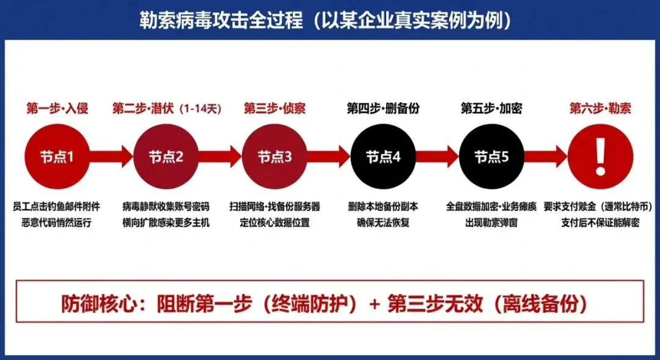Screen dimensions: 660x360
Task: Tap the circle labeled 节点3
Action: click(274, 156)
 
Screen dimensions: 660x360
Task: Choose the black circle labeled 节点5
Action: click(491, 156)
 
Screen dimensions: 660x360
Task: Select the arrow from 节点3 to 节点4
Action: click(329, 156)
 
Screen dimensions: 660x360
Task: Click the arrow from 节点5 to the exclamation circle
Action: click(546, 156)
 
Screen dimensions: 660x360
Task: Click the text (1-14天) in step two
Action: click(200, 109)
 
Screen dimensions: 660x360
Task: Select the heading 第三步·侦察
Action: click(274, 109)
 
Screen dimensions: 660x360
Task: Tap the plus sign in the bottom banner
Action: click(375, 304)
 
